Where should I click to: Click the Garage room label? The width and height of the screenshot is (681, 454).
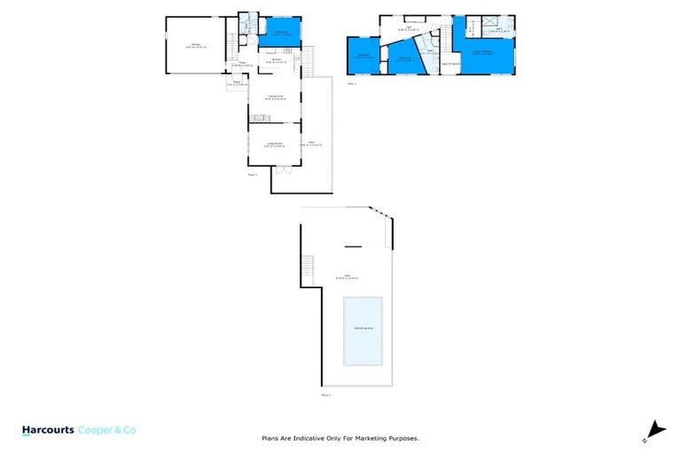pos(195,44)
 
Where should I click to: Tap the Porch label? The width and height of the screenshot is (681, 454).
pos(238,83)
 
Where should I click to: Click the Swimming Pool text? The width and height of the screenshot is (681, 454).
pos(364,327)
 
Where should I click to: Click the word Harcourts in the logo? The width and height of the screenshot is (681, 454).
pos(51,430)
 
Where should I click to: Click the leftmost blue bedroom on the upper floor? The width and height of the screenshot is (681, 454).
pos(364,57)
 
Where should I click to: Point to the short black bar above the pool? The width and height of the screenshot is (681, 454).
pos(353,247)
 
